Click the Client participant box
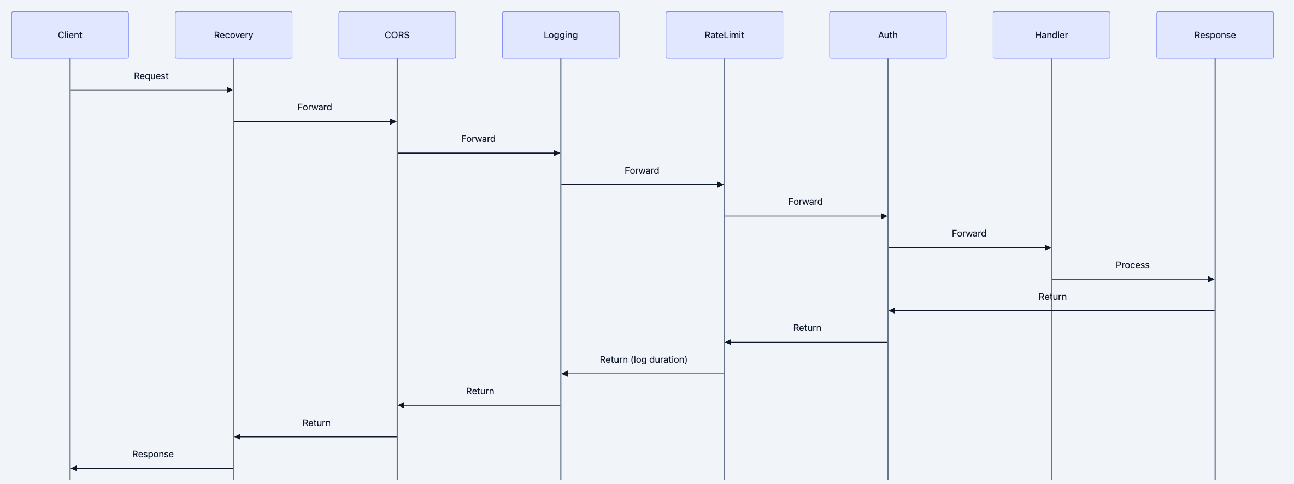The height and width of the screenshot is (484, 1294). click(x=70, y=35)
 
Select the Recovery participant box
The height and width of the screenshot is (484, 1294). click(x=233, y=35)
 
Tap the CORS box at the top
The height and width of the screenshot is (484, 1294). click(x=397, y=35)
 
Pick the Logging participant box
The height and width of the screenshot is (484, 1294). click(x=561, y=35)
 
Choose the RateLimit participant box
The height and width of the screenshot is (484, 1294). click(x=724, y=35)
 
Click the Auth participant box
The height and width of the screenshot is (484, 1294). click(x=887, y=35)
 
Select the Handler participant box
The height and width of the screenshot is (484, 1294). click(x=1051, y=35)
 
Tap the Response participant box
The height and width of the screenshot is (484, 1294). click(x=1215, y=35)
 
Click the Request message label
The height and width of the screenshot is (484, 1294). click(x=151, y=76)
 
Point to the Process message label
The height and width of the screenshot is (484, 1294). click(x=1132, y=265)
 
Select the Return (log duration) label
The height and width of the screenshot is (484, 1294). click(x=643, y=359)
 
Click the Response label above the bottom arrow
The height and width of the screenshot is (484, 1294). click(x=152, y=454)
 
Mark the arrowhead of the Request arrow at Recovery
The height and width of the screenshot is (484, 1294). click(x=230, y=90)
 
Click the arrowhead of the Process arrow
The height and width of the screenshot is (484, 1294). click(x=1211, y=279)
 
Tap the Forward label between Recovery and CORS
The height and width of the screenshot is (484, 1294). click(x=314, y=107)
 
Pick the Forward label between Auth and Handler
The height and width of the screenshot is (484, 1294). click(x=969, y=233)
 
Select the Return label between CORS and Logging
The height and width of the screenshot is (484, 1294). click(x=480, y=391)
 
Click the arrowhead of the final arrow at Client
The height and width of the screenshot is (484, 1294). click(x=74, y=468)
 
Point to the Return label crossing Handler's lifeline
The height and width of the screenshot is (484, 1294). click(x=1052, y=297)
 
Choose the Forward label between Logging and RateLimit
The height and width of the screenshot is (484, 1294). click(x=642, y=170)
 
